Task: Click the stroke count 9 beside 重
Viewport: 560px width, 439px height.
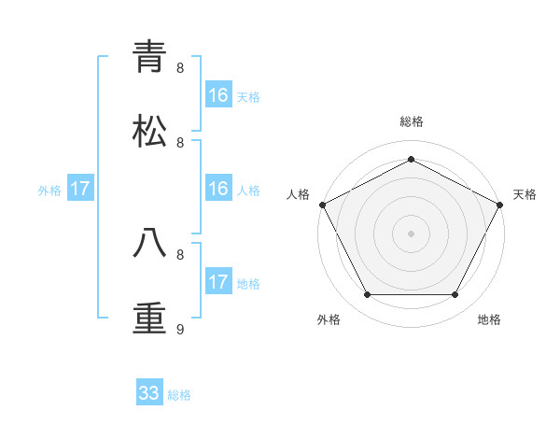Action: pos(181,329)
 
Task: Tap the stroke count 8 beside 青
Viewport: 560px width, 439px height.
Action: pos(181,67)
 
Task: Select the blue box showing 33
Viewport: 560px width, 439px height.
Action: pos(149,393)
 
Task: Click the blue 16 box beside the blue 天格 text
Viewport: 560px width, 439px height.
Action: pos(218,95)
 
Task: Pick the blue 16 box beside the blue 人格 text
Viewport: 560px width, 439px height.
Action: pos(218,190)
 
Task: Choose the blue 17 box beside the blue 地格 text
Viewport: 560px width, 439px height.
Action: pos(218,282)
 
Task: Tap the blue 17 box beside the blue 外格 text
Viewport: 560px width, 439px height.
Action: pos(80,190)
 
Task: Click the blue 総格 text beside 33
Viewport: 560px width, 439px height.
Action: pos(179,395)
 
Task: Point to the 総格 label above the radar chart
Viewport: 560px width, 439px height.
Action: pos(412,121)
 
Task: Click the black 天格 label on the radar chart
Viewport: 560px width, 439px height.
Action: pos(525,194)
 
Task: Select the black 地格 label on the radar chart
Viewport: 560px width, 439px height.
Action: pos(489,319)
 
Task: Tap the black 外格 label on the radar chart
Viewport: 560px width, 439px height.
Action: pos(329,319)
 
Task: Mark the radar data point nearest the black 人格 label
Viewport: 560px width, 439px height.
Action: pos(322,205)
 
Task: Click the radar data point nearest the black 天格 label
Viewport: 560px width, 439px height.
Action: pos(501,205)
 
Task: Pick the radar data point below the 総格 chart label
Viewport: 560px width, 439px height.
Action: pos(412,159)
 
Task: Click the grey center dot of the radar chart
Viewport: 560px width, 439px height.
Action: pos(412,233)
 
